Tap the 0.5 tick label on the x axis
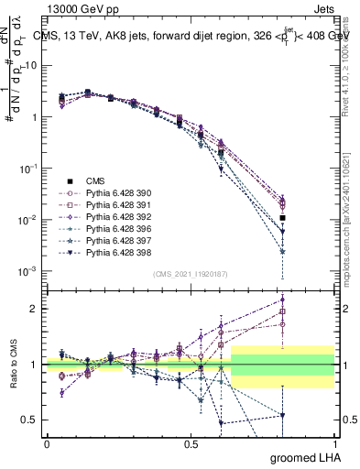coord(191,443)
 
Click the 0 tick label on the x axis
coord(47,443)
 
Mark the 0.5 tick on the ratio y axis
coord(29,420)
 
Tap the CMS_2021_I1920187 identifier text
coord(191,273)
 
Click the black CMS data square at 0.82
coord(283,218)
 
